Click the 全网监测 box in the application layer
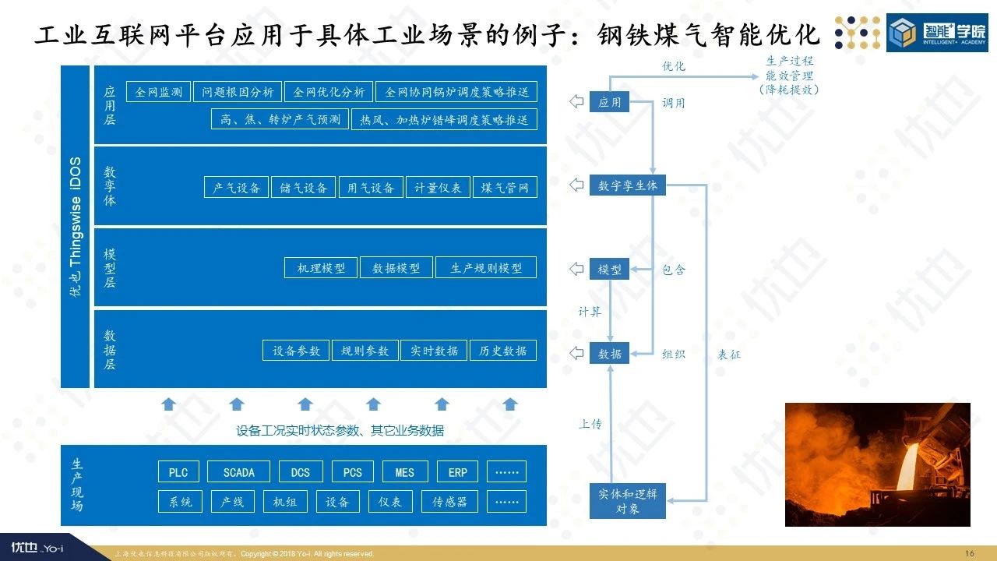click(158, 92)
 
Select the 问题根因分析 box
click(237, 92)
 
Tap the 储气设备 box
click(304, 188)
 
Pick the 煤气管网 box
click(505, 188)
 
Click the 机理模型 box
click(321, 268)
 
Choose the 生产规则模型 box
click(486, 268)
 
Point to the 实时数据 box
click(434, 351)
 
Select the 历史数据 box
click(503, 351)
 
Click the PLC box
click(178, 472)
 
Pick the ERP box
click(458, 472)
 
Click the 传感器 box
click(449, 502)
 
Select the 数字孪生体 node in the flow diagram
click(627, 185)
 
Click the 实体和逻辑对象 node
click(627, 501)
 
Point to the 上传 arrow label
click(590, 425)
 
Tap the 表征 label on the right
click(729, 355)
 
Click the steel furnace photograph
click(877, 464)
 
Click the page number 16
click(970, 553)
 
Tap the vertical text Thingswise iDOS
click(76, 226)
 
